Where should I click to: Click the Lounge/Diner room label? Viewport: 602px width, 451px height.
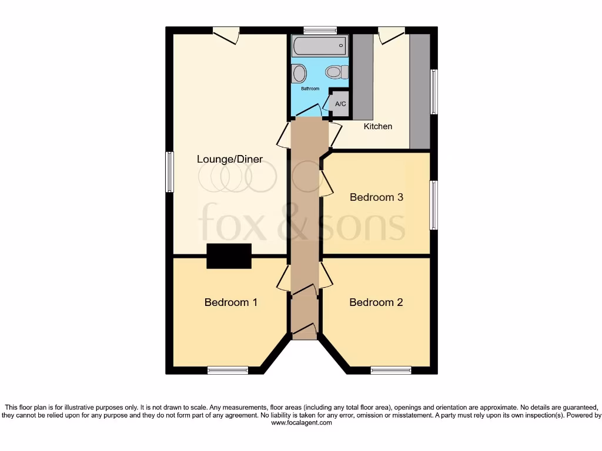[x=229, y=159]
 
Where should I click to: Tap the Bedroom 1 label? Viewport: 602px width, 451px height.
[x=230, y=302]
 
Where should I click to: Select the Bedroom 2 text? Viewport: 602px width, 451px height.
[x=376, y=302]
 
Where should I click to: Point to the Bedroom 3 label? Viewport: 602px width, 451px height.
[x=376, y=197]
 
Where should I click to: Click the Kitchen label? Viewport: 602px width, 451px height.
[x=377, y=126]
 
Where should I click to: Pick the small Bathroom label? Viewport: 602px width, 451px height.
[x=310, y=89]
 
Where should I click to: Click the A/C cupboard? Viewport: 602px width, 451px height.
[x=340, y=103]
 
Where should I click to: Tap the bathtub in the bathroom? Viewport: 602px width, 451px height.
[x=319, y=46]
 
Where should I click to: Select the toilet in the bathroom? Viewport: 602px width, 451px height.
[x=334, y=72]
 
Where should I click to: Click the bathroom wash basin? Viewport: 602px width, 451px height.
[x=299, y=74]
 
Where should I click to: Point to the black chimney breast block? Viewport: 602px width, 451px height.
[x=229, y=256]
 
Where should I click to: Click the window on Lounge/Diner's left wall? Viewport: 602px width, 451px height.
[x=169, y=171]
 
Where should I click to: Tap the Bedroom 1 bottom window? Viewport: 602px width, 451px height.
[x=228, y=370]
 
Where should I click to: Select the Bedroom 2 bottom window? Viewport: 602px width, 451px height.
[x=390, y=370]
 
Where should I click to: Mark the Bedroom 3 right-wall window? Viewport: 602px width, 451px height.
[x=434, y=205]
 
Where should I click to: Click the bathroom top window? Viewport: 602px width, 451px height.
[x=320, y=30]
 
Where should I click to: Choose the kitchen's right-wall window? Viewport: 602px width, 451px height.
[x=434, y=92]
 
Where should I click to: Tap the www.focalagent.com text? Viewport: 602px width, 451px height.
[x=301, y=422]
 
